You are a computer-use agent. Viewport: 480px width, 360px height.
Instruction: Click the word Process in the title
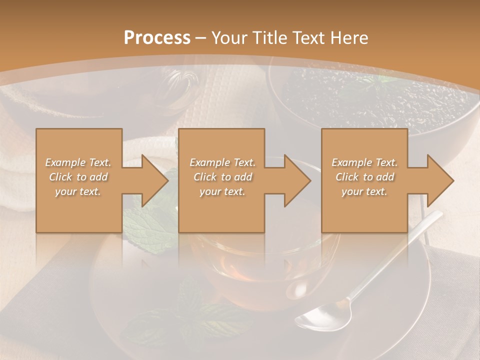coord(156,38)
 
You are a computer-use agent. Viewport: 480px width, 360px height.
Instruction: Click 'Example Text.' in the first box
coord(78,162)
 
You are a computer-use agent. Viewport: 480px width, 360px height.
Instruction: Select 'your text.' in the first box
coord(78,191)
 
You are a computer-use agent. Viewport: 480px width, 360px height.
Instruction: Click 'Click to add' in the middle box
coord(222,177)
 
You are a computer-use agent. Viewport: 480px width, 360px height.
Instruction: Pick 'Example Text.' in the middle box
coord(222,162)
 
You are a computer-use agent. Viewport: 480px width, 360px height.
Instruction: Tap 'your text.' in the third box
coord(364,191)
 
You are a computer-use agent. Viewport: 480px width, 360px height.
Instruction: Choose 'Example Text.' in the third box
coord(364,162)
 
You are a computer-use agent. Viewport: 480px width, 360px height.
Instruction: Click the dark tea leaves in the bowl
coord(340,100)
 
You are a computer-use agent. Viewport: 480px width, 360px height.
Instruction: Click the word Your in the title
coord(228,38)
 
